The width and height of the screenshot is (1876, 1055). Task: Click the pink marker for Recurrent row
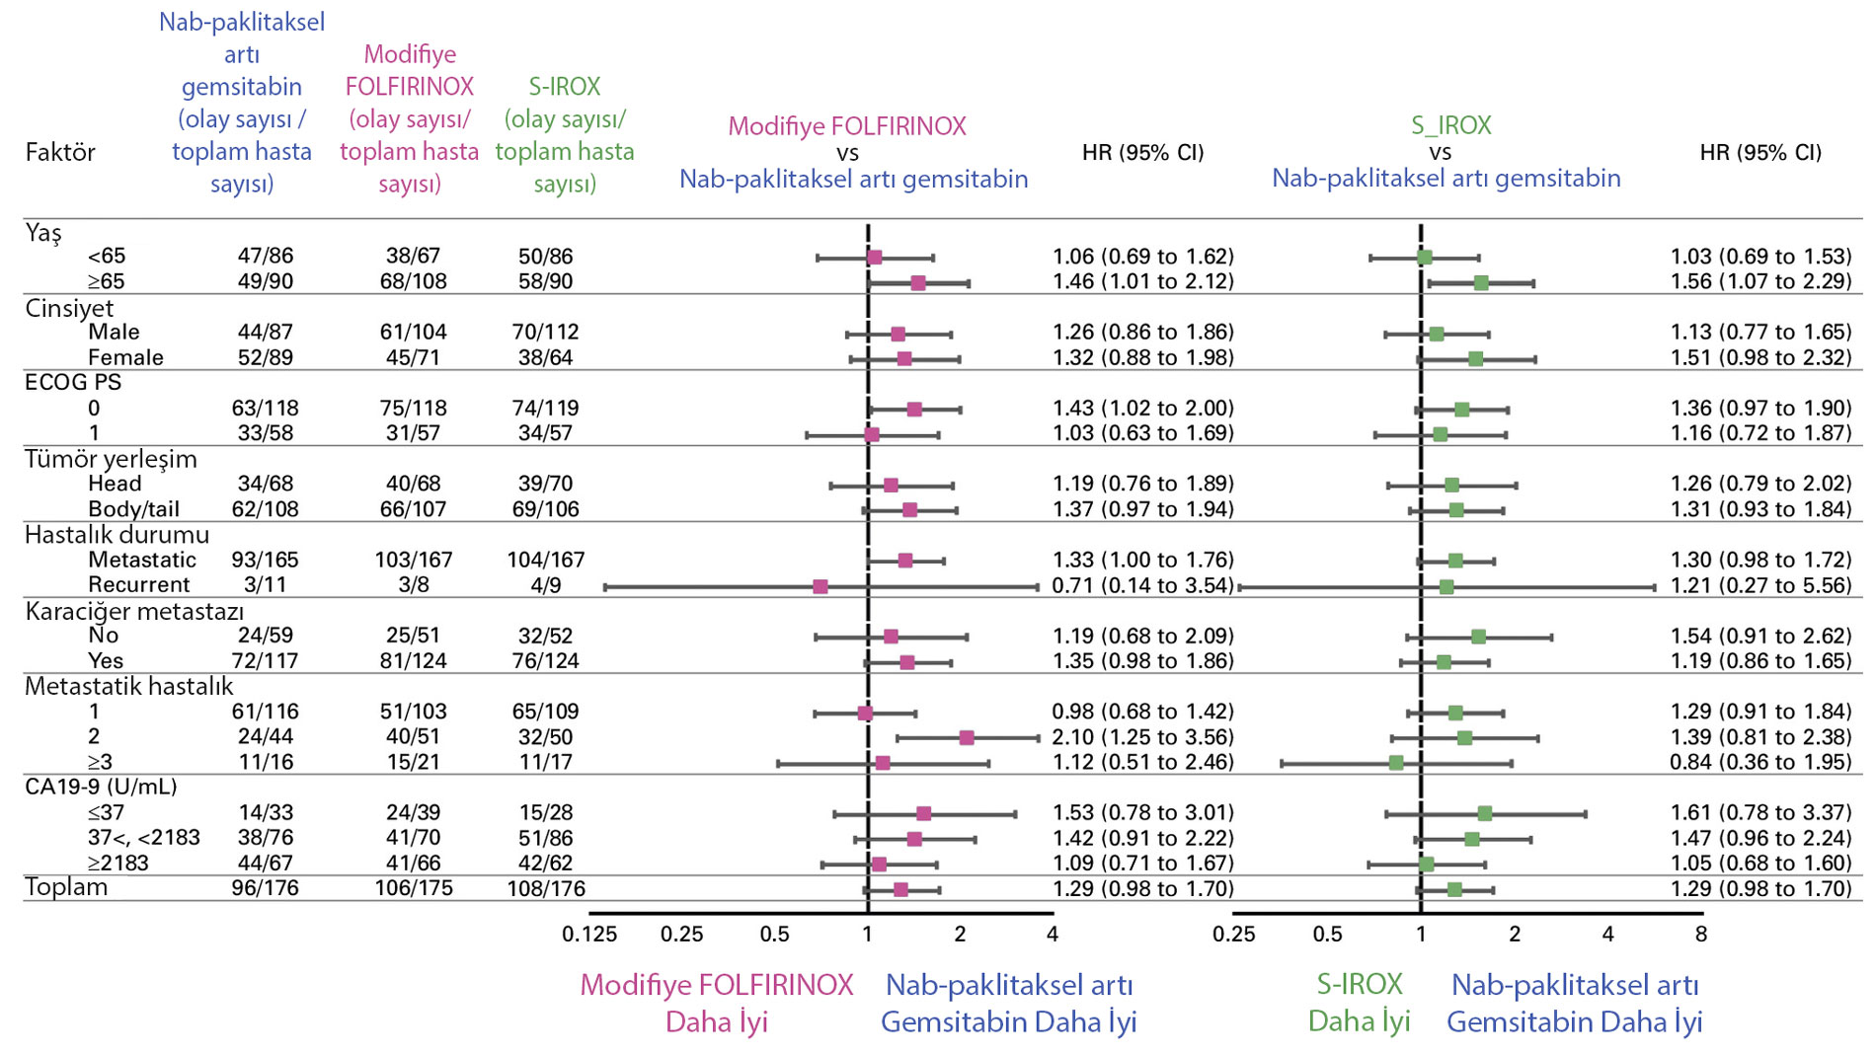click(x=820, y=586)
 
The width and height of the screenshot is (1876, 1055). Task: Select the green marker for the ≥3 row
click(x=1396, y=763)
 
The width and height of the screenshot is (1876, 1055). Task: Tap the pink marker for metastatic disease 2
click(x=967, y=737)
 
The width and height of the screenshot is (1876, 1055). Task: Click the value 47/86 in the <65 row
click(x=265, y=257)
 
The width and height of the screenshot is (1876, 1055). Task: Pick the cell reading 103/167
click(x=413, y=561)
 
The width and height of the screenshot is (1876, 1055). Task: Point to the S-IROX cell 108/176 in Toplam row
click(x=545, y=888)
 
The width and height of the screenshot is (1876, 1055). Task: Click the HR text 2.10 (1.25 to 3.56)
click(x=1142, y=737)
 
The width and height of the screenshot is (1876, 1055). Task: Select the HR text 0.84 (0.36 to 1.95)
click(x=1760, y=762)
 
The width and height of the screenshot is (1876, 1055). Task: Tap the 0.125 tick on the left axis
click(x=589, y=934)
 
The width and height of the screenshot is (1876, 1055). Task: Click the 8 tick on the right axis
click(x=1701, y=934)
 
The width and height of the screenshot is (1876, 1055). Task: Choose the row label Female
click(x=125, y=357)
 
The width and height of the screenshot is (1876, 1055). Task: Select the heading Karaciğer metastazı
click(x=133, y=611)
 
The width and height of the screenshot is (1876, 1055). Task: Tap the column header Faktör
click(x=60, y=152)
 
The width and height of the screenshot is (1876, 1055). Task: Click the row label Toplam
click(x=66, y=886)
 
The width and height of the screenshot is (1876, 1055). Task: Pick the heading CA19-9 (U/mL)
click(x=101, y=787)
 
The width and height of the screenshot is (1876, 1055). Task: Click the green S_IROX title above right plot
click(x=1450, y=125)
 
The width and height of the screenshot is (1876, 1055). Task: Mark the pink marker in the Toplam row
click(x=900, y=890)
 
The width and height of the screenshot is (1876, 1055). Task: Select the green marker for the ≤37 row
click(x=1485, y=814)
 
